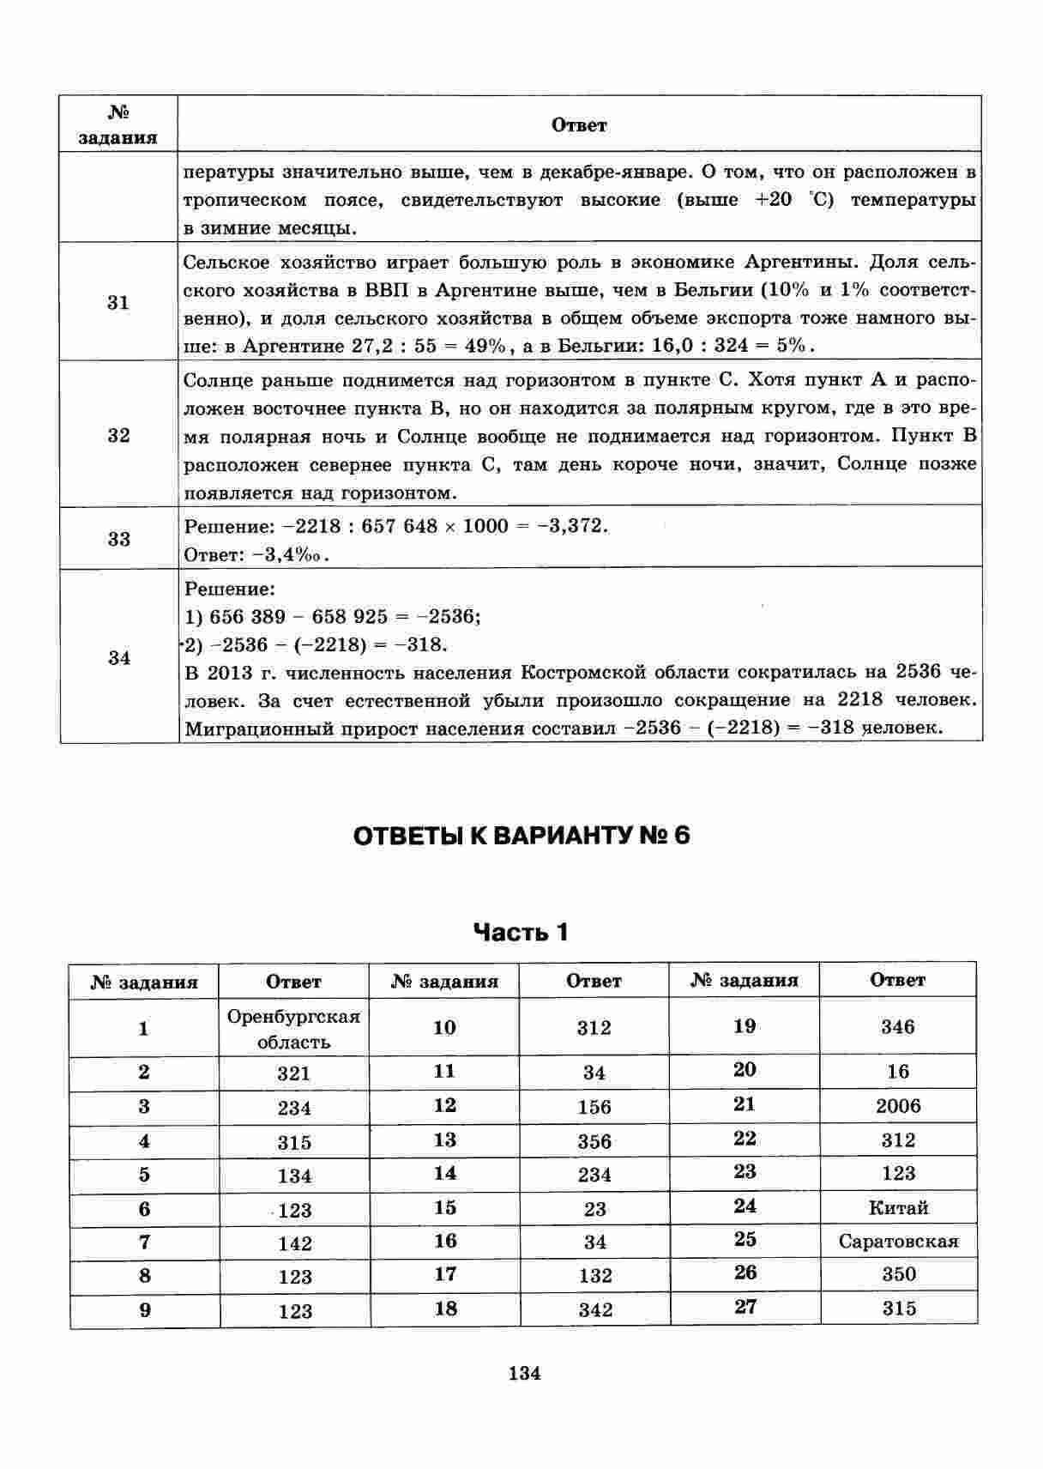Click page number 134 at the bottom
click(x=524, y=1373)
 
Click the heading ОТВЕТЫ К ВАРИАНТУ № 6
click(x=521, y=836)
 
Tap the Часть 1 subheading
click(x=521, y=932)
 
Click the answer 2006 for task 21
click(x=897, y=1106)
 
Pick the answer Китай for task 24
click(x=898, y=1208)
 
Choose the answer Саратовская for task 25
click(x=898, y=1242)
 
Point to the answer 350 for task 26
click(x=898, y=1274)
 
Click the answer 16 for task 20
click(x=898, y=1072)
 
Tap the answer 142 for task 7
click(x=294, y=1243)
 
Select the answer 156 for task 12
click(x=594, y=1107)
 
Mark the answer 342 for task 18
click(x=594, y=1309)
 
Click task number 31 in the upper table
click(x=118, y=302)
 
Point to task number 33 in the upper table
click(x=118, y=539)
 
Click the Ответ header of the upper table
click(x=579, y=125)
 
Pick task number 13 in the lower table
click(x=444, y=1140)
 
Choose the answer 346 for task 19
click(x=897, y=1027)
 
